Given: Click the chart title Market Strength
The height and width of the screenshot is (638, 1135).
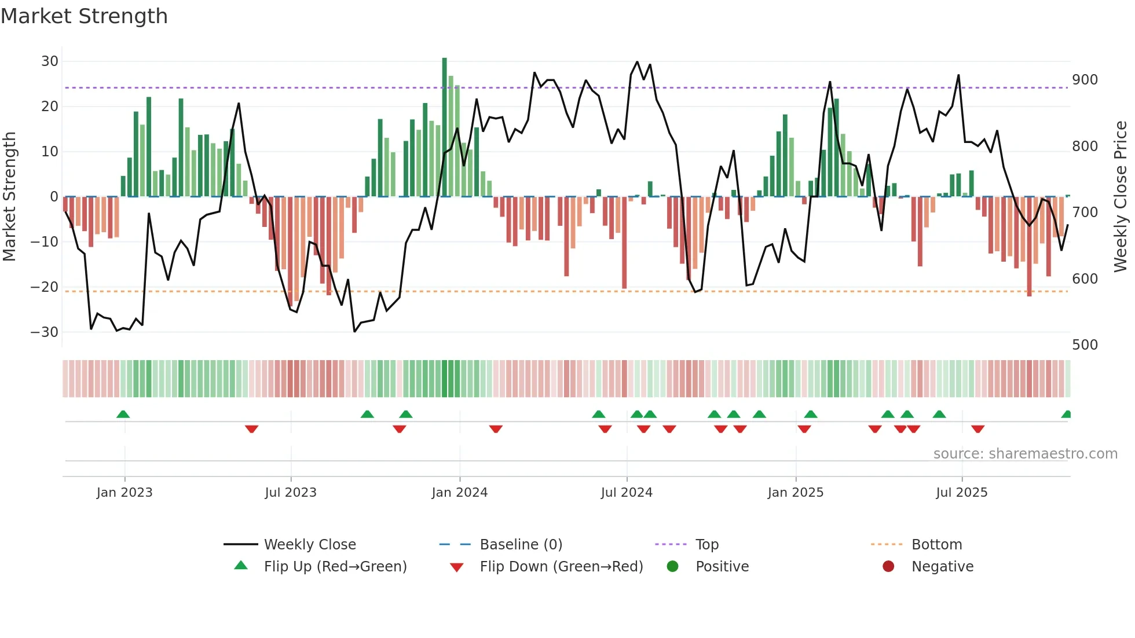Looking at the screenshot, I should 84,16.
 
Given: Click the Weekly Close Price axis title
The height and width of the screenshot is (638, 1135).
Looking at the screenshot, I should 1121,196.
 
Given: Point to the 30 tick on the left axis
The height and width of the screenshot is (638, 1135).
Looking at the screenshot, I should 50,61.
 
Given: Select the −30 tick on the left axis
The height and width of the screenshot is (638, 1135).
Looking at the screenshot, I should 45,332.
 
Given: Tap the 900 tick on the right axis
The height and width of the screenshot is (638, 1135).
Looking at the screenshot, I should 1085,80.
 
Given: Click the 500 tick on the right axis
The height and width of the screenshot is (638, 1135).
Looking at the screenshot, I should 1085,345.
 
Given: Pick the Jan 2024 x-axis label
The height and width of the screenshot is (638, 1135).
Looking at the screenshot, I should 459,493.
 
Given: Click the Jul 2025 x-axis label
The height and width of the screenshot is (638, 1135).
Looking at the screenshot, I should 961,493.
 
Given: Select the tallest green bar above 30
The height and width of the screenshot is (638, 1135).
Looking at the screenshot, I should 444,127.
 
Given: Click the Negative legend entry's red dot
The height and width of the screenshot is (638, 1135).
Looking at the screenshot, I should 888,566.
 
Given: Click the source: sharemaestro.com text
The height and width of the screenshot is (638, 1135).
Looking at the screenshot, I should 1025,454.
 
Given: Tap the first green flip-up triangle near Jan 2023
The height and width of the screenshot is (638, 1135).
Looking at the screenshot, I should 123,415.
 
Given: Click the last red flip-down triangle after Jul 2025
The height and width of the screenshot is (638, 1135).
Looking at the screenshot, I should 977,429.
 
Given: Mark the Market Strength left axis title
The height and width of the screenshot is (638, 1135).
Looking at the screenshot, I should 10,196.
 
